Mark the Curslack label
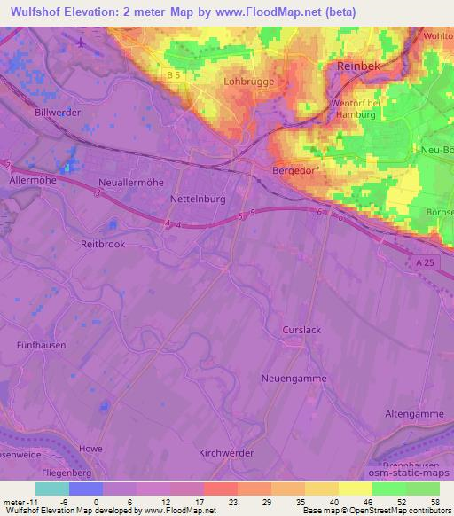pyautogui.click(x=301, y=329)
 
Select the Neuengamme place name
pyautogui.click(x=294, y=379)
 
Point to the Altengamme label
pyautogui.click(x=412, y=414)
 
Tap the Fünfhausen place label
pyautogui.click(x=41, y=345)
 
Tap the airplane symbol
pyautogui.click(x=82, y=43)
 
